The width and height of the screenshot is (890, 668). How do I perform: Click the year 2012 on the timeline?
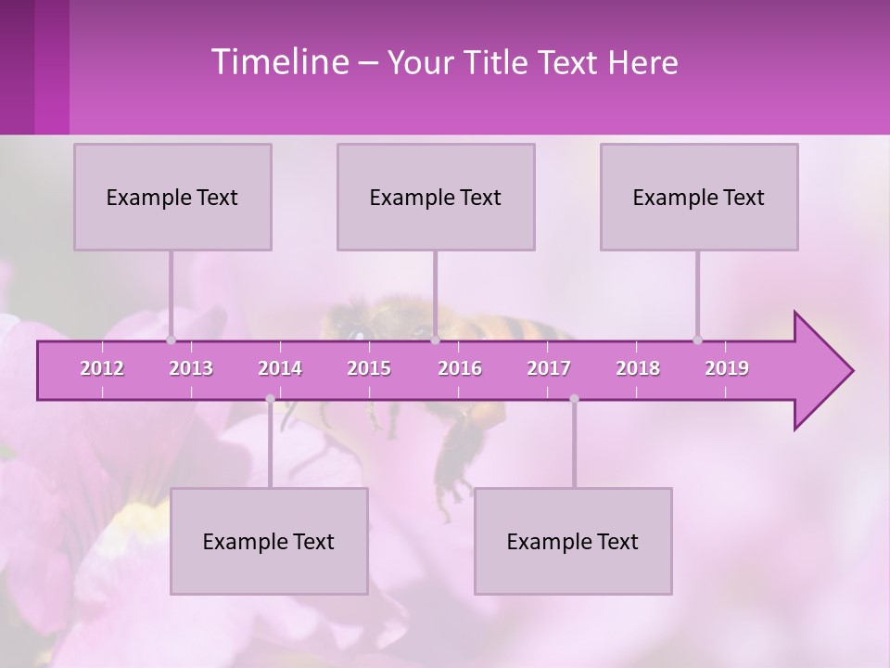pos(102,368)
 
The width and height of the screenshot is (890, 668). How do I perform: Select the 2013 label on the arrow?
pos(191,368)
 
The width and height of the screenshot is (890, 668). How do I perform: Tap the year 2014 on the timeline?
pos(280,368)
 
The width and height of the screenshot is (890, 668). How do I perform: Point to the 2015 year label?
pos(369,368)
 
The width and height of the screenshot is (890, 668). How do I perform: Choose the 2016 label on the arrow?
pos(460,368)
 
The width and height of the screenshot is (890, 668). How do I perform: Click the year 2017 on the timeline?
pos(549,368)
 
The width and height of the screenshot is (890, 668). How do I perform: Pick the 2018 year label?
pos(638,368)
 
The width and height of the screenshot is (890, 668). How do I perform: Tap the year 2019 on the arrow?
pos(727,368)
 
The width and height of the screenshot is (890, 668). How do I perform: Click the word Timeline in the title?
pos(277,62)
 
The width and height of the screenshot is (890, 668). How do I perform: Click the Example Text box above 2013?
pos(172,197)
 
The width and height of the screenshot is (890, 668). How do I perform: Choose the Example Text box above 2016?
pos(436,197)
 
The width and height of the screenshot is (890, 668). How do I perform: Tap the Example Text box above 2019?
pos(699,197)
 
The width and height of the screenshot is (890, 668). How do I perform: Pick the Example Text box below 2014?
pos(269,541)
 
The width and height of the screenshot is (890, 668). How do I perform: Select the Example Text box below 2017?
pos(573,541)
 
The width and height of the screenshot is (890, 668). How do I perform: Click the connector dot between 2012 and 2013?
pos(171,340)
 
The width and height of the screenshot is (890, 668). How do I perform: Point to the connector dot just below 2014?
pos(270,399)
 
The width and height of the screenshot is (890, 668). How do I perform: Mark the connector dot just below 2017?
pos(574,399)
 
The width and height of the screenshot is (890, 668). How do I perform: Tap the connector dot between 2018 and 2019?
pos(697,340)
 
